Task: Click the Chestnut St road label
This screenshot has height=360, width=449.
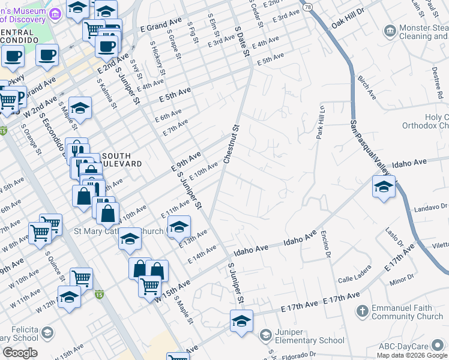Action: pyautogui.click(x=232, y=144)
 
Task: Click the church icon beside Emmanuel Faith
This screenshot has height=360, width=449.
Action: pyautogui.click(x=361, y=311)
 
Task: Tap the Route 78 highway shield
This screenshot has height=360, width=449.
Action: pyautogui.click(x=308, y=7)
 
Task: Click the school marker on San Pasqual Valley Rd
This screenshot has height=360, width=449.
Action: pyautogui.click(x=384, y=187)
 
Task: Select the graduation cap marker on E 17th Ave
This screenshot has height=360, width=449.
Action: pyautogui.click(x=241, y=321)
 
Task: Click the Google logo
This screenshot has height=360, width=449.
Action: pyautogui.click(x=20, y=353)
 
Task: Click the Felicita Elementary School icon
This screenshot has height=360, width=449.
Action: pyautogui.click(x=48, y=332)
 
